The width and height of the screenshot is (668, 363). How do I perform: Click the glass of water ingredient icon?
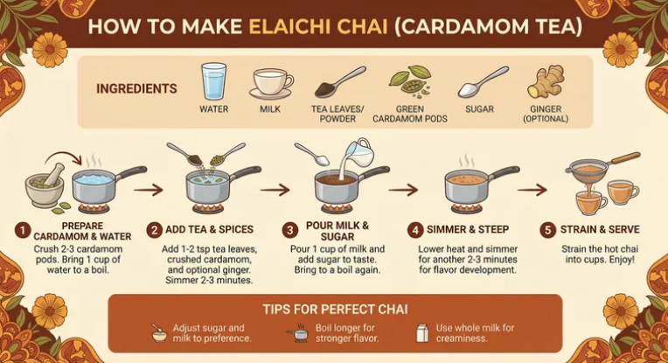[213, 81]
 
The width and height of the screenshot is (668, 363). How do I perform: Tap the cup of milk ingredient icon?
[271, 83]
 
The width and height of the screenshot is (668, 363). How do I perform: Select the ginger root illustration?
[546, 82]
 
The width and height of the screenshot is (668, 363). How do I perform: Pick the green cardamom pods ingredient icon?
[410, 81]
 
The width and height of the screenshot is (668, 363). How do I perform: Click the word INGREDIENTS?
[136, 88]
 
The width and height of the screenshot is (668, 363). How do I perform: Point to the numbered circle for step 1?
[22, 231]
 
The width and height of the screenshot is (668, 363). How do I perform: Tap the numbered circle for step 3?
[289, 231]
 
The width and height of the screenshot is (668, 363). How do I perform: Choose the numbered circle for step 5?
[548, 230]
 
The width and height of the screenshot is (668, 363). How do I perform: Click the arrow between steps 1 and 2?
[149, 190]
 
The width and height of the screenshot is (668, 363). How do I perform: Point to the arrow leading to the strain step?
[532, 190]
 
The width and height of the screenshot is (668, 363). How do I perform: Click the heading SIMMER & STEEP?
[468, 230]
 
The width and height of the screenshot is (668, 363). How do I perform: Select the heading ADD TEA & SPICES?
[209, 230]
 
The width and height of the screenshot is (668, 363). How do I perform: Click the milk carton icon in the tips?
[422, 332]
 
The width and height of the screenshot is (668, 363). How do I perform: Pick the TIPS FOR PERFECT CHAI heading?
[335, 309]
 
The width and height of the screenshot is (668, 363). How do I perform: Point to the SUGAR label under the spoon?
[480, 109]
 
